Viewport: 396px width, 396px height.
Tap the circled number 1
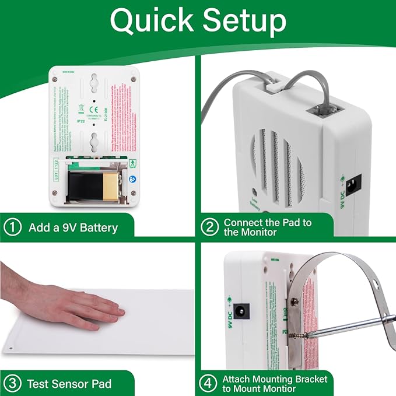[x=12, y=227]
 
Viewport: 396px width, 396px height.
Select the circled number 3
[x=12, y=384]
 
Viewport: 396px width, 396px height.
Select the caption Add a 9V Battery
[x=73, y=227]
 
